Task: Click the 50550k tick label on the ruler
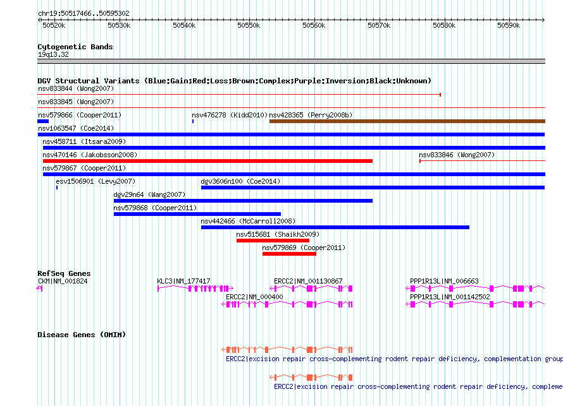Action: [249, 25]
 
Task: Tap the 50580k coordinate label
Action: [444, 25]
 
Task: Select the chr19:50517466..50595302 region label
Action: [84, 14]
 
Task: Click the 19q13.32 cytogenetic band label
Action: [53, 54]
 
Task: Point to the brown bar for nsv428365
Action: [407, 121]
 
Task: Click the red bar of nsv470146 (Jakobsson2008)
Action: [207, 161]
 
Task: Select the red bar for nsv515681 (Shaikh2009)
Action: [273, 241]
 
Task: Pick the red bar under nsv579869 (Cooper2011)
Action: [289, 254]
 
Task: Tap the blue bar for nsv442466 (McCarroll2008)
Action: [335, 227]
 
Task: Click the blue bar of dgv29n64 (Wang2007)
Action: [243, 201]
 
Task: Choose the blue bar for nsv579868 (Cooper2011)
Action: [197, 214]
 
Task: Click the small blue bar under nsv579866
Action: [43, 121]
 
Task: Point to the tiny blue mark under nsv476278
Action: [193, 121]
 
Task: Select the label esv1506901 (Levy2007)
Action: [96, 181]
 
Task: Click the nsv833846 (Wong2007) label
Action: [457, 155]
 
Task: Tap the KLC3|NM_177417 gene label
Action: [183, 282]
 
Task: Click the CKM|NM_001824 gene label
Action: [63, 282]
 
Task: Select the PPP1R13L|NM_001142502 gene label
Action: [450, 297]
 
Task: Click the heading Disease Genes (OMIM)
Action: [82, 335]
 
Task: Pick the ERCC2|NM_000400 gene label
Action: [254, 297]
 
